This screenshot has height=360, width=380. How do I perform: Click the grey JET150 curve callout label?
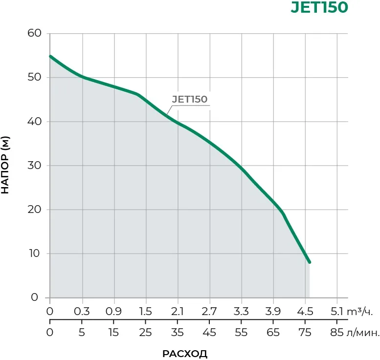(190, 99)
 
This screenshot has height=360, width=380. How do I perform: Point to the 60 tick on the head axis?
(38, 34)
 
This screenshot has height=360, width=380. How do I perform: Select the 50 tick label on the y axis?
(38, 78)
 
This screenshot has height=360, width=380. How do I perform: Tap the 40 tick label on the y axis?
(38, 122)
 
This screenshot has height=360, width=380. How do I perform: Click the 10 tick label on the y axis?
(38, 254)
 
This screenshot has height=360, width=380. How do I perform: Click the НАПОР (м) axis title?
(6, 166)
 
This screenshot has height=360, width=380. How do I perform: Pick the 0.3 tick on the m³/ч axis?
(82, 311)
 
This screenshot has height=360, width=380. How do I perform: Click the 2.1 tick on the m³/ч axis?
(178, 311)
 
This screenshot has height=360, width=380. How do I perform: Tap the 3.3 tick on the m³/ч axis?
(241, 311)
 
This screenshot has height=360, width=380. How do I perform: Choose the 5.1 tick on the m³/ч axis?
(337, 311)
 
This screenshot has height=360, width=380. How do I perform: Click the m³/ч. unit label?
(362, 311)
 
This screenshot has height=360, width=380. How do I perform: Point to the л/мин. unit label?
(363, 333)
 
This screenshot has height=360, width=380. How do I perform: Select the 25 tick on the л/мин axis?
(146, 333)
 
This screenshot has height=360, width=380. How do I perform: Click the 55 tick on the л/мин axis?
(241, 333)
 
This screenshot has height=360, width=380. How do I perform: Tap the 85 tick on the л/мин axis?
(337, 333)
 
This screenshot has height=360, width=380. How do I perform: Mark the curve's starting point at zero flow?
(50, 56)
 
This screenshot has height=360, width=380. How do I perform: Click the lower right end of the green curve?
(309, 262)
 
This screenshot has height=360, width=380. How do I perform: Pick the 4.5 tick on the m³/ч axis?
(305, 311)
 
